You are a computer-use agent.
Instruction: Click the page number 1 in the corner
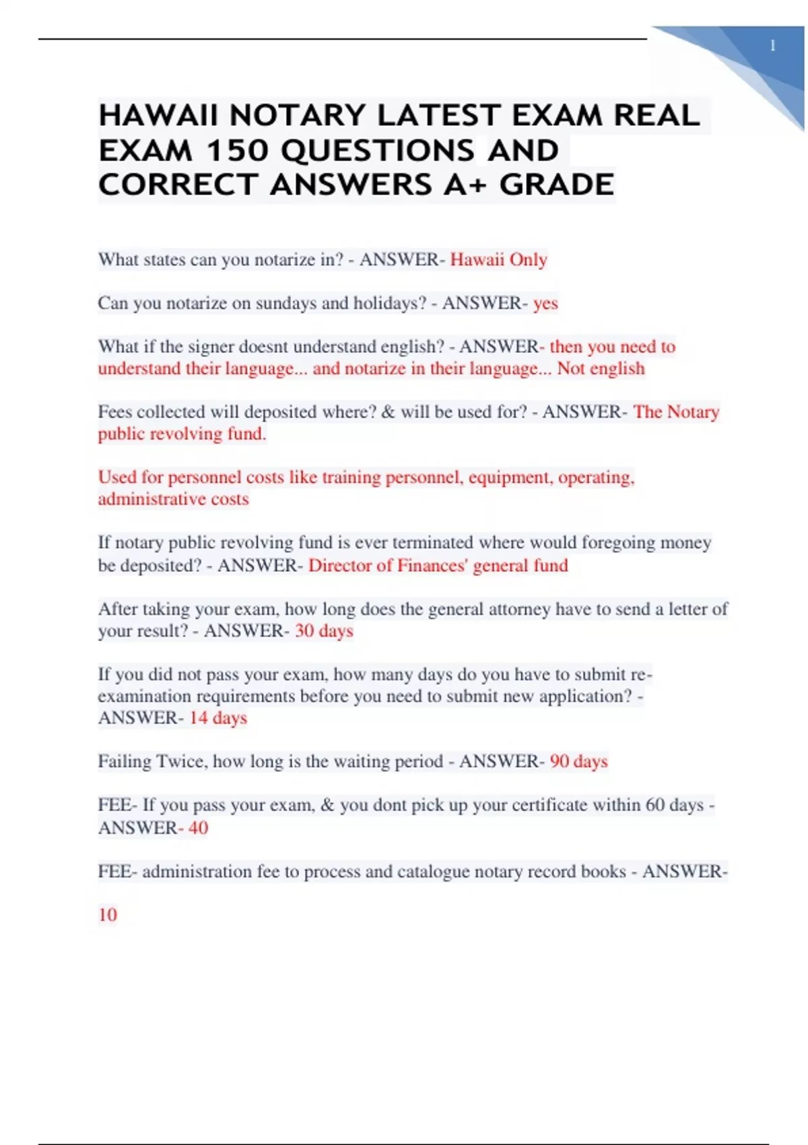(x=772, y=46)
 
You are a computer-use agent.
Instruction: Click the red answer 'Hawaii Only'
(x=498, y=260)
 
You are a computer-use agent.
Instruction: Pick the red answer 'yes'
(x=545, y=304)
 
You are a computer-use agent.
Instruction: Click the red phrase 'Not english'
(x=601, y=368)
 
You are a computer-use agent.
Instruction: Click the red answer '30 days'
(x=324, y=631)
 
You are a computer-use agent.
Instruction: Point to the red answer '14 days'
(x=218, y=718)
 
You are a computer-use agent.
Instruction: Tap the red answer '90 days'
(x=578, y=762)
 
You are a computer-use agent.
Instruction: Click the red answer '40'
(x=198, y=828)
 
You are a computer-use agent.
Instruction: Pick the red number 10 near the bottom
(x=108, y=915)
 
